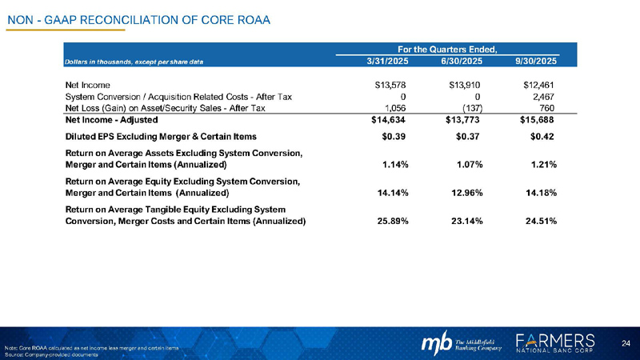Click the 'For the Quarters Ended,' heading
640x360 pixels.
click(458, 48)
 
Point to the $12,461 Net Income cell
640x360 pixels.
click(538, 84)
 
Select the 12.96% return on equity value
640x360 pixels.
click(463, 193)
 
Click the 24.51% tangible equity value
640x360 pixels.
click(538, 221)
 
